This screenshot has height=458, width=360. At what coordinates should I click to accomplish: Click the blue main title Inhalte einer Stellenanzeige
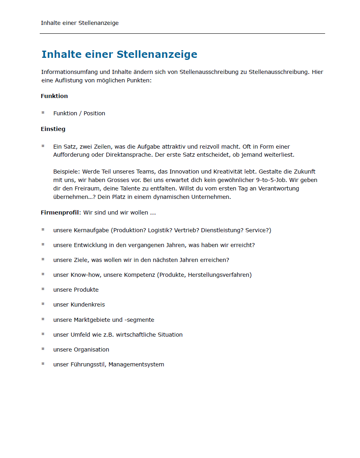pyautogui.click(x=119, y=54)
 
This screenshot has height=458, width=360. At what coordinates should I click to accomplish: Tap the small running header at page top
pyautogui.click(x=79, y=23)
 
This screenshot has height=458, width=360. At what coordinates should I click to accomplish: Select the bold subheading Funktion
pyautogui.click(x=54, y=96)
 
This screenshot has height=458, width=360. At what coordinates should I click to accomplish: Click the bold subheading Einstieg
pyautogui.click(x=53, y=129)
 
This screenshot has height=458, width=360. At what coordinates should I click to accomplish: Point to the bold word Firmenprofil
pyautogui.click(x=60, y=213)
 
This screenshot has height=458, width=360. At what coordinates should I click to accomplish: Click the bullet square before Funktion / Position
pyautogui.click(x=43, y=113)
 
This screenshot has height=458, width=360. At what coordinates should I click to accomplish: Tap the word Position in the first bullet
pyautogui.click(x=94, y=113)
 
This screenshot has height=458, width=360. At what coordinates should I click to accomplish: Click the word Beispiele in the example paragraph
pyautogui.click(x=66, y=172)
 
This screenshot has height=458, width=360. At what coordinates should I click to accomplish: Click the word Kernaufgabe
pyautogui.click(x=92, y=230)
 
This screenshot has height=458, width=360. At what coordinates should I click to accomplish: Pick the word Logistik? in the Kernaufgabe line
pyautogui.click(x=160, y=230)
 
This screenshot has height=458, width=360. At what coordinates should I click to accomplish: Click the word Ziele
pyautogui.click(x=81, y=260)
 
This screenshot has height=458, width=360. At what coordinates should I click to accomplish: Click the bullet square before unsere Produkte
pyautogui.click(x=43, y=289)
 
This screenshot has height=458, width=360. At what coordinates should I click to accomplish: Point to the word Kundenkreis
pyautogui.click(x=87, y=305)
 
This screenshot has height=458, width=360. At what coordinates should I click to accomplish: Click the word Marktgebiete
pyautogui.click(x=92, y=320)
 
